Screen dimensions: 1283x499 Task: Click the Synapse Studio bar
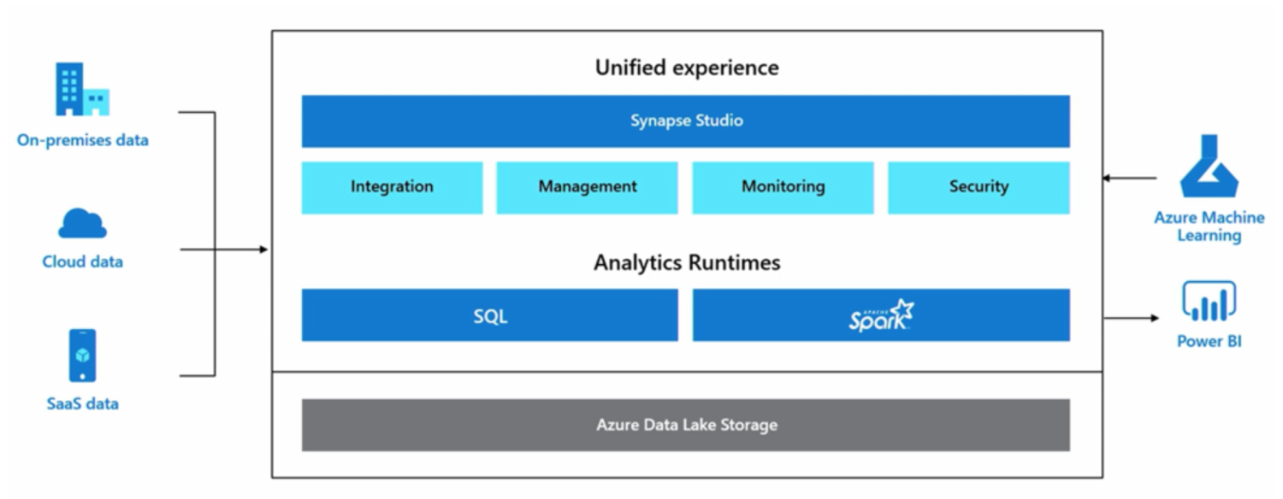point(686,121)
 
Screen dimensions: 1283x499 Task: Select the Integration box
point(393,188)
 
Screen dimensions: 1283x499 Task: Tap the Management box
point(587,188)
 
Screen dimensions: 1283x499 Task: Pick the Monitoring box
point(783,188)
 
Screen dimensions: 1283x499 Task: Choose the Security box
point(979,188)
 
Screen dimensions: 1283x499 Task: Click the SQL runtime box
point(490,315)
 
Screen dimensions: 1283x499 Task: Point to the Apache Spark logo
point(881,316)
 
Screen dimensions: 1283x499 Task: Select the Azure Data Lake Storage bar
point(686,426)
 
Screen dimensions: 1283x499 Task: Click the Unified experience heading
point(687,68)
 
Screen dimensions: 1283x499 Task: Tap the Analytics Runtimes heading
point(687,262)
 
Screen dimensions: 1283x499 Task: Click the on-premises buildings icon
point(82,89)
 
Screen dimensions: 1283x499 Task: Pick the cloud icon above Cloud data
point(82,223)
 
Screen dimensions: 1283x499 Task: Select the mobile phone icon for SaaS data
point(82,355)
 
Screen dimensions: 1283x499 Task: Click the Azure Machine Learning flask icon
point(1209,166)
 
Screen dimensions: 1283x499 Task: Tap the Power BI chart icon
point(1209,302)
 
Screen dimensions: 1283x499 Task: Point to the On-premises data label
point(82,140)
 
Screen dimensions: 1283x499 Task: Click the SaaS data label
point(82,404)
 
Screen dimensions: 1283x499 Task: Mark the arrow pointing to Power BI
point(1132,318)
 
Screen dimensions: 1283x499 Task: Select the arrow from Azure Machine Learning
point(1130,178)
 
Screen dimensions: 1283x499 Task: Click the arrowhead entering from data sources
point(263,249)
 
